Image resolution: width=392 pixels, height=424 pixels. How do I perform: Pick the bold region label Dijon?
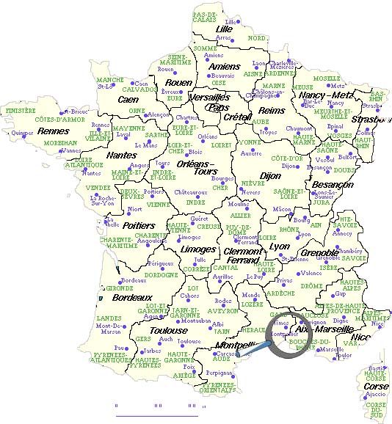click(270, 176)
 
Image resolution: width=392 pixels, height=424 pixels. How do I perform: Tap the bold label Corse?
click(377, 386)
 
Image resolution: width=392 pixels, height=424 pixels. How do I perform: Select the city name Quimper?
click(23, 133)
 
